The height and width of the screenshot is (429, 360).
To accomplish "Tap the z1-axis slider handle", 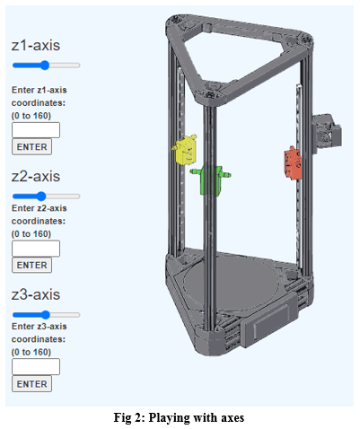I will pyautogui.click(x=43, y=65).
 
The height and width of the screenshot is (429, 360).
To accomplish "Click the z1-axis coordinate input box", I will pyautogui.click(x=35, y=130).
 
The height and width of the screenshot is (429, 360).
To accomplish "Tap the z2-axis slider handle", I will pyautogui.click(x=41, y=196).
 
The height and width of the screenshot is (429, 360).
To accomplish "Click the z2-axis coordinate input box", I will pyautogui.click(x=35, y=249).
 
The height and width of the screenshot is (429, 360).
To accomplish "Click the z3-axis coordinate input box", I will pyautogui.click(x=35, y=367).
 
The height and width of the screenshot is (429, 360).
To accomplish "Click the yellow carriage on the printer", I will pyautogui.click(x=186, y=151).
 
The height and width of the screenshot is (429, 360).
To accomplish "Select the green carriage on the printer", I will pyautogui.click(x=212, y=178).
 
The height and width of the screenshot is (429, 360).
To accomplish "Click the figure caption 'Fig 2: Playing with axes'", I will pyautogui.click(x=180, y=417).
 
